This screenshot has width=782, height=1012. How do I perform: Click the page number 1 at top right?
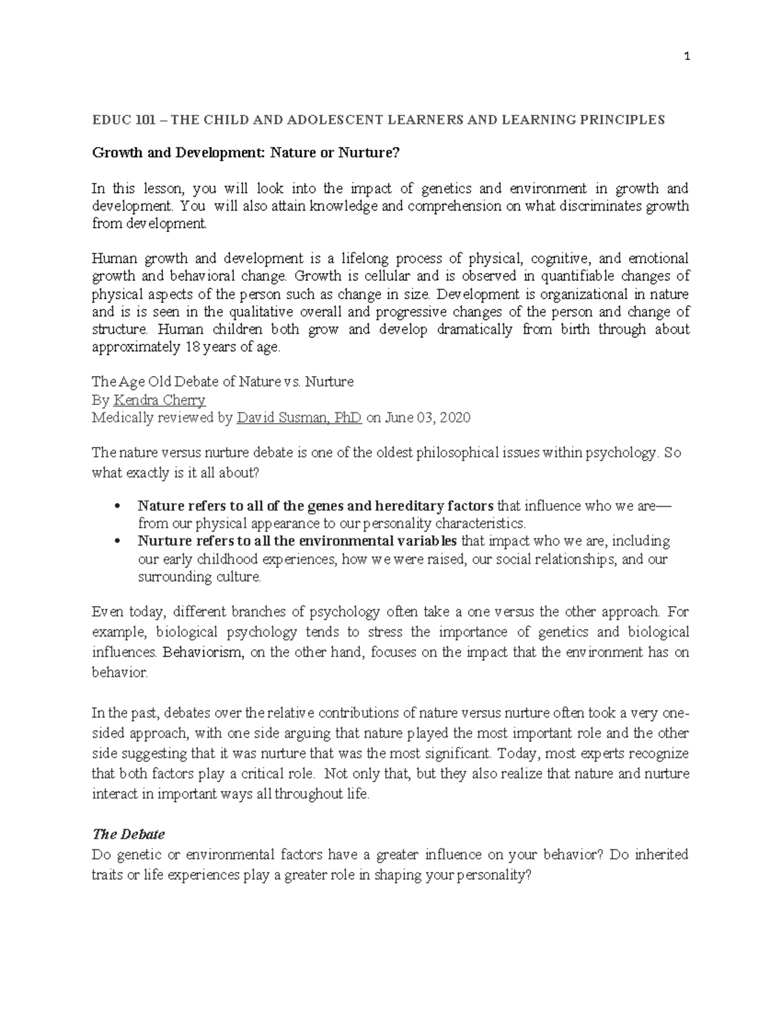687,57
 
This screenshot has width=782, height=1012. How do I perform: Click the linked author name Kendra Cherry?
160,400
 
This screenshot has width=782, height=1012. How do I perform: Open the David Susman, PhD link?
299,418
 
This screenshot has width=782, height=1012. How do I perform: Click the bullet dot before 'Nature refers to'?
117,506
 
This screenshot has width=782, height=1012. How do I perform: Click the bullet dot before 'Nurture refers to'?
117,542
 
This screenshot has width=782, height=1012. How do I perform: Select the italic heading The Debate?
128,834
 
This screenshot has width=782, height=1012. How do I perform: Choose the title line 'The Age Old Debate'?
222,382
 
